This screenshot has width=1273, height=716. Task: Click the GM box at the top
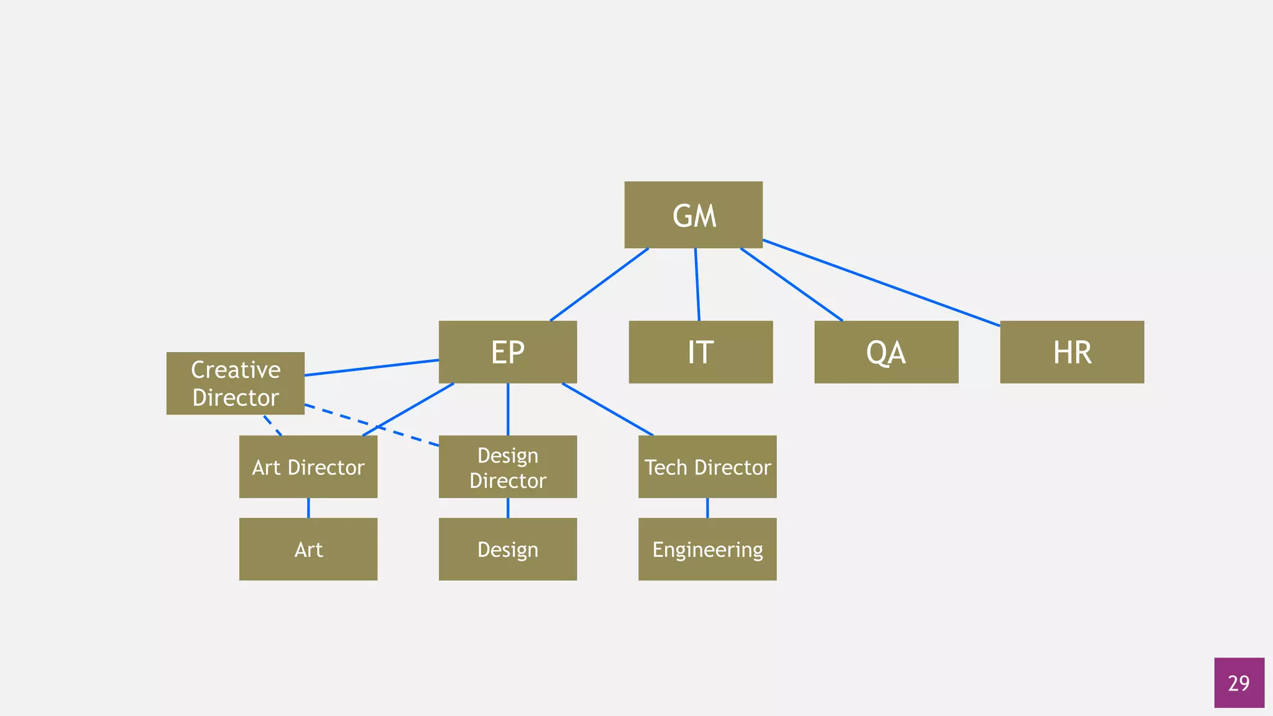coord(693,215)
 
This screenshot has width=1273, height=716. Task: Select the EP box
coord(508,352)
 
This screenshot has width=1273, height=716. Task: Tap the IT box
coord(701,352)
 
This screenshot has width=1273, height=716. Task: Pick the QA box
coord(886,352)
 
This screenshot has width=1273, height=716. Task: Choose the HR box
coord(1072,352)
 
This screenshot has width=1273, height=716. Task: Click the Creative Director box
coord(236,383)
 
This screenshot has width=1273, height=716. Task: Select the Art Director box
coord(308,467)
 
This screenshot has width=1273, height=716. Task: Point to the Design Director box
coord(508,467)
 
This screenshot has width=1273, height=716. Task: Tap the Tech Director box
coord(707,467)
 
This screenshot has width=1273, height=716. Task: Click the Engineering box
coord(707,549)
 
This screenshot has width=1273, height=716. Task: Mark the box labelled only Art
coord(308,549)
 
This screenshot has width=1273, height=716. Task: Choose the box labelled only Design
coord(508,549)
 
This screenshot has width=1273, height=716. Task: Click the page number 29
coord(1239,683)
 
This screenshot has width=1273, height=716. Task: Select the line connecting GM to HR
coord(881,283)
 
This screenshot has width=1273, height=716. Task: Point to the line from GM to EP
coord(599,285)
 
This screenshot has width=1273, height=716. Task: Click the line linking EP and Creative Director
coord(372,367)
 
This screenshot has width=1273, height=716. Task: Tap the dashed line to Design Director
coord(372,425)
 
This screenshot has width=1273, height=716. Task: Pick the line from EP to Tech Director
coord(607,409)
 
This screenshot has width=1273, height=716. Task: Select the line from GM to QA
coord(791,285)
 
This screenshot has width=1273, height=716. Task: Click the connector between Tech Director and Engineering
coord(707,508)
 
